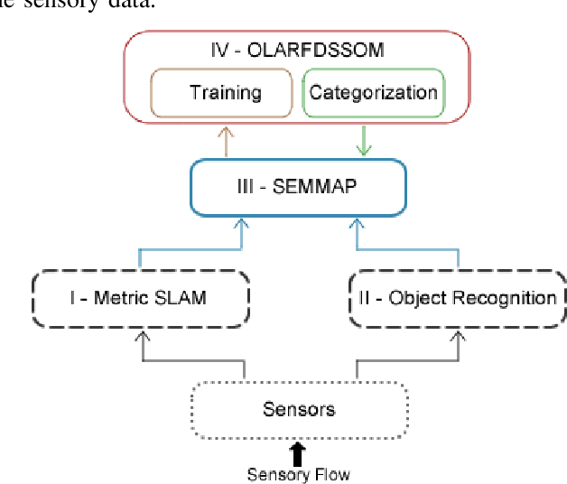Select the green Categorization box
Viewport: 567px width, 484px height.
(373, 92)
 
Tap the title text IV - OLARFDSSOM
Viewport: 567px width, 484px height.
(297, 51)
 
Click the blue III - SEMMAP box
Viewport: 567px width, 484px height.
(296, 189)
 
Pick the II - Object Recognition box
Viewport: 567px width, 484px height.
(458, 297)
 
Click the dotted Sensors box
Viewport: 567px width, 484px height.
(299, 408)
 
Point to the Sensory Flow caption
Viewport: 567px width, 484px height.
(298, 474)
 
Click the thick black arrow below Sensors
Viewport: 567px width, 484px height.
(298, 452)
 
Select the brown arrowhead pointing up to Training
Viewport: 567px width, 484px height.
(226, 133)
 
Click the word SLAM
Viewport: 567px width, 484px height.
(184, 297)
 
